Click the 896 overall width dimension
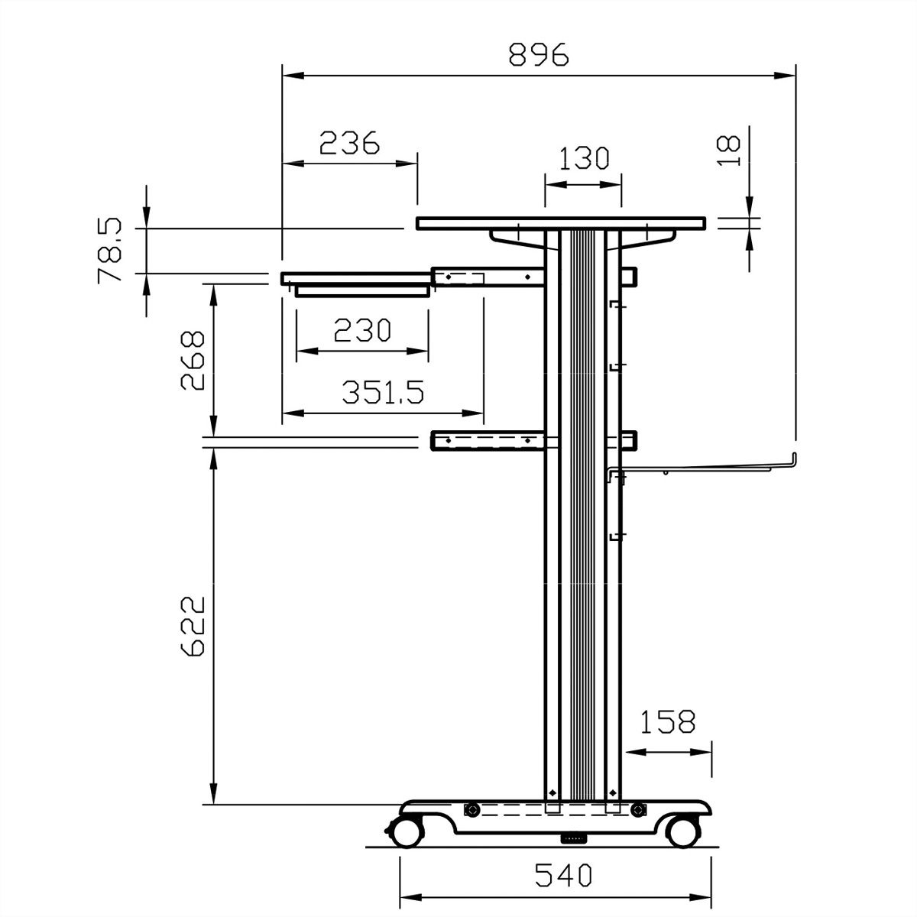[x=539, y=55]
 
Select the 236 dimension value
[x=349, y=143]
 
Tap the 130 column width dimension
[x=583, y=159]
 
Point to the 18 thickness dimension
[x=731, y=151]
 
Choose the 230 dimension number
[x=362, y=330]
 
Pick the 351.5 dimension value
[x=382, y=392]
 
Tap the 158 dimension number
[x=667, y=721]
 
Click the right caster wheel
[x=681, y=830]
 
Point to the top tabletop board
[x=561, y=223]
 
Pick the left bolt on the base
[x=473, y=810]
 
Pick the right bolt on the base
[x=637, y=810]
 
